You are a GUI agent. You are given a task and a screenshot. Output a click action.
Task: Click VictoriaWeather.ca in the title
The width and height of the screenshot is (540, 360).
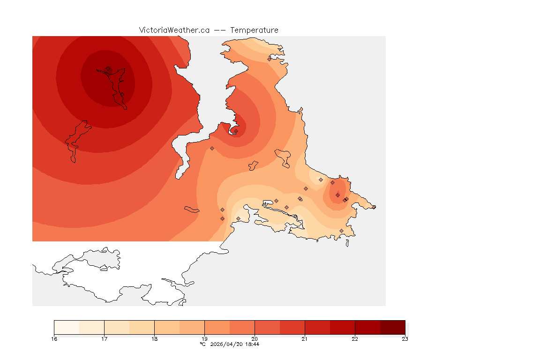(x=174, y=30)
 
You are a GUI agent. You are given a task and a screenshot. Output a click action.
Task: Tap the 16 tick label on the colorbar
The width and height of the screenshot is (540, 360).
(x=54, y=339)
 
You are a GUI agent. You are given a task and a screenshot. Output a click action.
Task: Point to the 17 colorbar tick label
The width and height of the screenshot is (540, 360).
(x=104, y=339)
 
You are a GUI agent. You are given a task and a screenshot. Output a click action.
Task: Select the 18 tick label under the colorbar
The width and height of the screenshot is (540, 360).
(x=154, y=339)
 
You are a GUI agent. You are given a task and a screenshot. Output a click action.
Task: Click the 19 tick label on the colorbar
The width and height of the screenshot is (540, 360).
(x=204, y=339)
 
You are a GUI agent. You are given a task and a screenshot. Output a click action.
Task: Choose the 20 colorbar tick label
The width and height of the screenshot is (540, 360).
(x=255, y=339)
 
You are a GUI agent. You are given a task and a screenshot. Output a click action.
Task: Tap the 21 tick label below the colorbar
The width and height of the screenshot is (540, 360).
(x=305, y=339)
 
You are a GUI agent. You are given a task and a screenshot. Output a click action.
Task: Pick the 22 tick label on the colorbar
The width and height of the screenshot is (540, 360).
(x=355, y=339)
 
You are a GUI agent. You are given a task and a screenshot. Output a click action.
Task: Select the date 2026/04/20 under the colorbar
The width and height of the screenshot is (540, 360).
(x=225, y=344)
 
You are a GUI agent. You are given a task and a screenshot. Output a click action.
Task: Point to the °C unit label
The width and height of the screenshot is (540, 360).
(x=202, y=344)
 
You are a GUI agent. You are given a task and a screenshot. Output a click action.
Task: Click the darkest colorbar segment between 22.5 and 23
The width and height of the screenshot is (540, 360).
(x=392, y=327)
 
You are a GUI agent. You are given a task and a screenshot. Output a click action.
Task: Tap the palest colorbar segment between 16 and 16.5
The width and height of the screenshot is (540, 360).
(x=67, y=327)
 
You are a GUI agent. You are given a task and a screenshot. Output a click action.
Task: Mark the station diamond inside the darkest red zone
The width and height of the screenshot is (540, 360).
(x=108, y=68)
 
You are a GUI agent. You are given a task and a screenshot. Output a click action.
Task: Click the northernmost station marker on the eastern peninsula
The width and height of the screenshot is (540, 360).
(x=270, y=59)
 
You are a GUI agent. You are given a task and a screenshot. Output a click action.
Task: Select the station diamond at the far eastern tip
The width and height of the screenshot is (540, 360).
(x=374, y=207)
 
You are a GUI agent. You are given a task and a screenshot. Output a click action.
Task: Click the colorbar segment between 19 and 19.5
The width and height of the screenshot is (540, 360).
(x=217, y=327)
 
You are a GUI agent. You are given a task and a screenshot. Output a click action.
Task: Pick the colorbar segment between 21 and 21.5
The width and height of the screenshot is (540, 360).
(x=317, y=327)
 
